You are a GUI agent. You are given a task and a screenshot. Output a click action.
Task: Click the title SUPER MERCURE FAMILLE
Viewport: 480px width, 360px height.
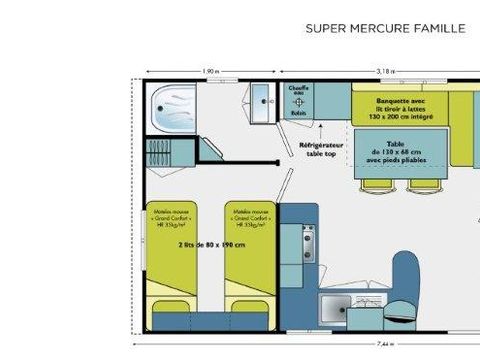click(x=385, y=28)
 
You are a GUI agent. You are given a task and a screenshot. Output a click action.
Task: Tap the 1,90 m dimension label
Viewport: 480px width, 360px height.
click(x=210, y=71)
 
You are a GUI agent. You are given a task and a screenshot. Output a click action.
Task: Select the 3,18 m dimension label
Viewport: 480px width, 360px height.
click(x=385, y=71)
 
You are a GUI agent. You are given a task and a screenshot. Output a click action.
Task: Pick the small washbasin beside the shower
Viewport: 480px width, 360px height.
click(x=262, y=100)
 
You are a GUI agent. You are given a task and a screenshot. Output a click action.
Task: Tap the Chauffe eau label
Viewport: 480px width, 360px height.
click(x=298, y=93)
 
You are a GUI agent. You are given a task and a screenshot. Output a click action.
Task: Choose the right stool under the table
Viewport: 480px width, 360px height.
click(x=420, y=185)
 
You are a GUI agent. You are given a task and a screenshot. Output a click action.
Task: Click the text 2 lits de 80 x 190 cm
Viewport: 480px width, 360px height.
click(x=210, y=244)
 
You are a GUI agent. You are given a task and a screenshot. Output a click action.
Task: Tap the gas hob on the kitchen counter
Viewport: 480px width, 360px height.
click(x=305, y=239)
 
